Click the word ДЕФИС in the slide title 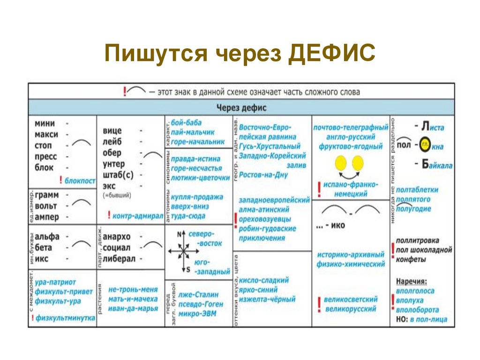pos(331,54)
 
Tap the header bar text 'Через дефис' pos(241,107)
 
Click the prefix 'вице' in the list pos(112,131)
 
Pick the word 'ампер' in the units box pos(45,217)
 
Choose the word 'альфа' pos(47,236)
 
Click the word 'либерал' pos(119,259)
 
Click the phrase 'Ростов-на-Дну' pos(262,174)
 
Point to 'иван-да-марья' pos(133,308)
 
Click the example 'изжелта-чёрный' pos(267,299)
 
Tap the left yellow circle pos(341,163)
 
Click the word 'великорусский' pos(351,309)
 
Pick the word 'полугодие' pos(413,209)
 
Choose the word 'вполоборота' pos(417,310)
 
